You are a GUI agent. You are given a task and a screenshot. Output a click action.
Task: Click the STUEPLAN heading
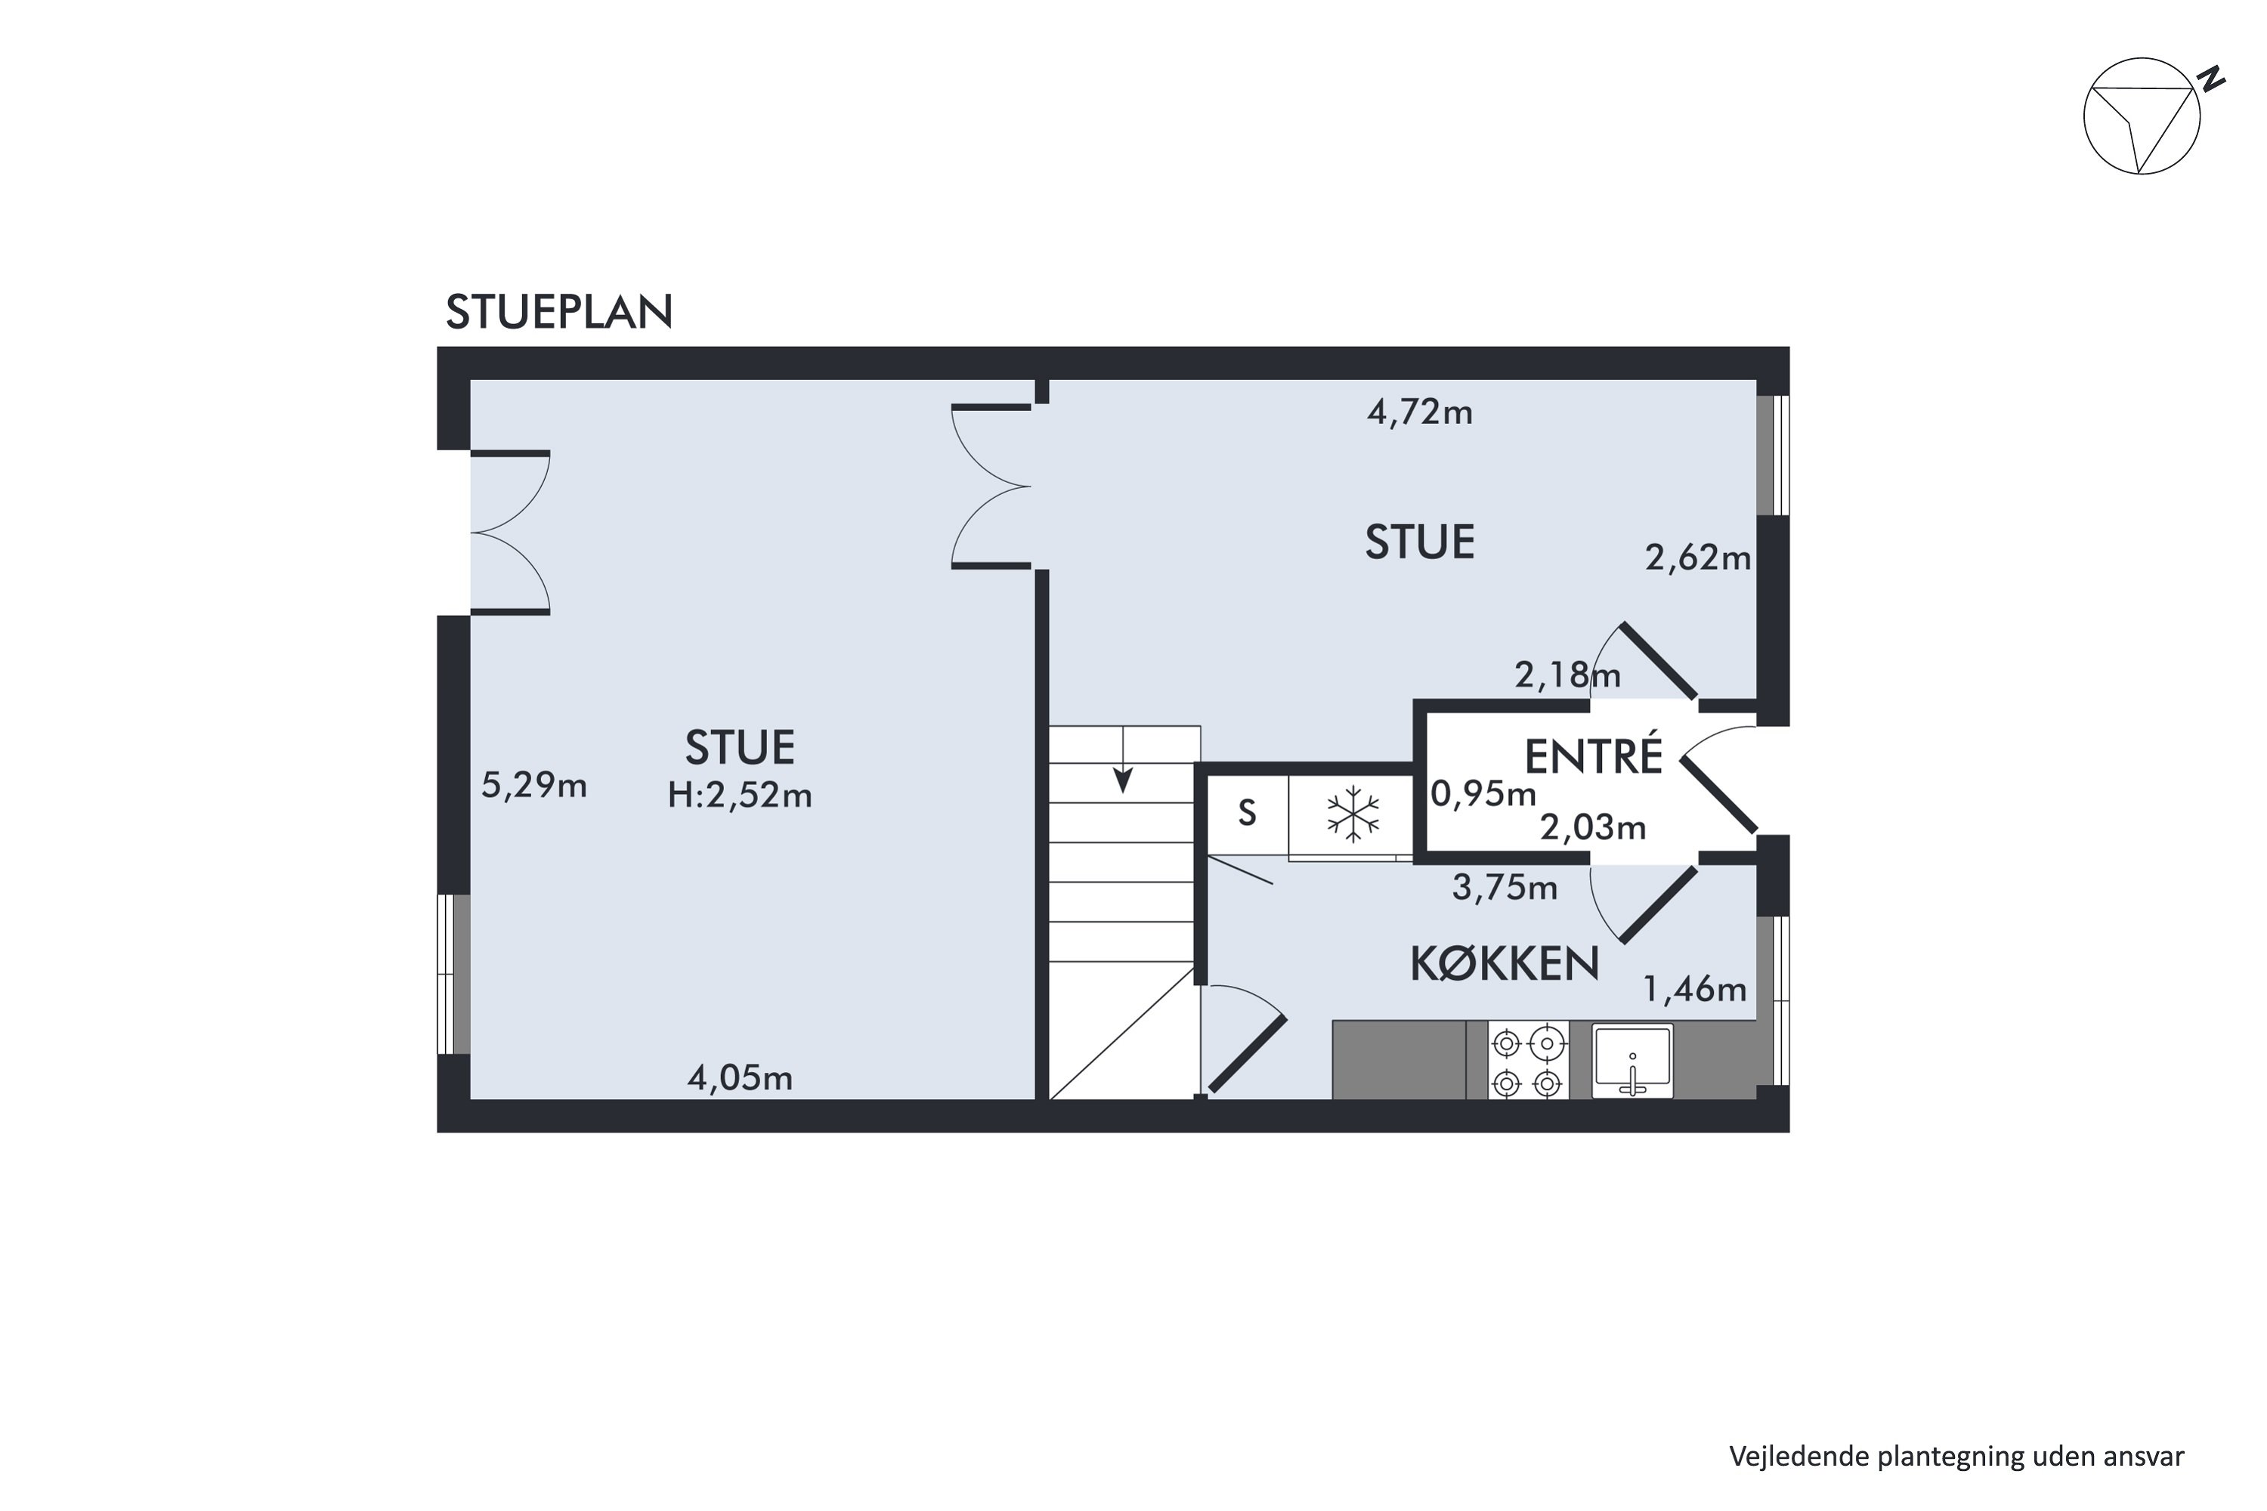(558, 312)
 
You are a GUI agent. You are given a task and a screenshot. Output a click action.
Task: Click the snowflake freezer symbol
(1353, 814)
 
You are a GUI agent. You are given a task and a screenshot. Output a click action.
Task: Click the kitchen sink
(1631, 1061)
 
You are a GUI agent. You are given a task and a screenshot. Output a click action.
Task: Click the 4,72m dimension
(1420, 413)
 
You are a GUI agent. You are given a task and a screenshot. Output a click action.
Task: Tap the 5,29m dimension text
(534, 786)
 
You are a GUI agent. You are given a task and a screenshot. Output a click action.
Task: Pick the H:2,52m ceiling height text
(741, 795)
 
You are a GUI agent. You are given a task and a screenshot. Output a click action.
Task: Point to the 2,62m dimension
(1697, 558)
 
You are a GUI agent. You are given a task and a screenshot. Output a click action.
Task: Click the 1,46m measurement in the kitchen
(1694, 989)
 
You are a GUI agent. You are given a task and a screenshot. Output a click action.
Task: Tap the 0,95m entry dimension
(1483, 793)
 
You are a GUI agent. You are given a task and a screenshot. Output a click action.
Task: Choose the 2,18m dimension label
(1567, 675)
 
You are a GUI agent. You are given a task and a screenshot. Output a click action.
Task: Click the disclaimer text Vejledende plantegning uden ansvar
(1956, 1456)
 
